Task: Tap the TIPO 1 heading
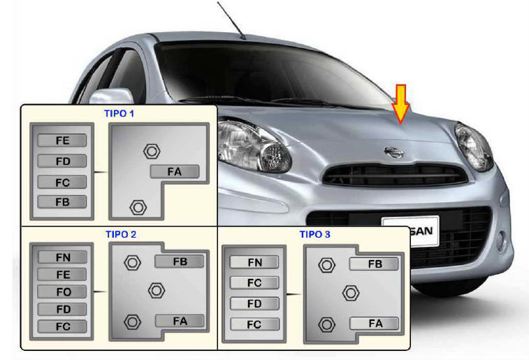click(x=119, y=113)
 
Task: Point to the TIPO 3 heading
click(x=315, y=234)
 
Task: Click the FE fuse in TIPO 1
click(x=62, y=141)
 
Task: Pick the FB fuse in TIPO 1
click(x=62, y=202)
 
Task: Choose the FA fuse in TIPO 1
click(x=174, y=171)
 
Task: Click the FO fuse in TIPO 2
click(x=62, y=291)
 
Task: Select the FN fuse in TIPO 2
click(x=62, y=257)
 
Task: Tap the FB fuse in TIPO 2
click(x=180, y=261)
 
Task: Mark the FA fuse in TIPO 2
click(x=180, y=322)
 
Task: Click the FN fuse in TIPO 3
click(x=255, y=263)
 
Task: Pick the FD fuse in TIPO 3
click(x=255, y=304)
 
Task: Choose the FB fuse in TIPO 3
click(x=375, y=264)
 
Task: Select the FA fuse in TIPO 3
click(x=375, y=323)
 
